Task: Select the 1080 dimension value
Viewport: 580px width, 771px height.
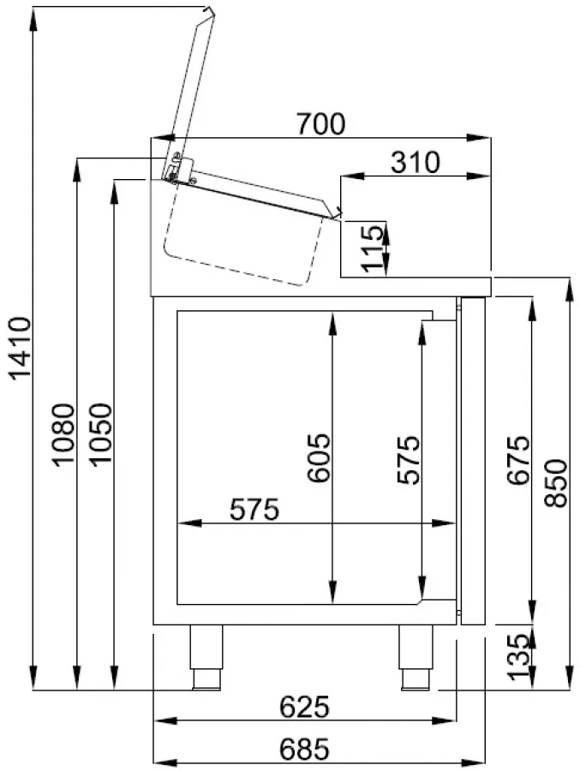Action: (x=65, y=435)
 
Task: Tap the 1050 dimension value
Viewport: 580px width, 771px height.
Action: (x=101, y=435)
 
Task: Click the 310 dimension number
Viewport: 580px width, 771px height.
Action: (x=414, y=162)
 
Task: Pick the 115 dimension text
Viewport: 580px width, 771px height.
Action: (x=372, y=248)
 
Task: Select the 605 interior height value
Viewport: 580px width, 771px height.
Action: (x=319, y=458)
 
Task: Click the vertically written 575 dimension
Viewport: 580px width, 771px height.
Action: (x=409, y=460)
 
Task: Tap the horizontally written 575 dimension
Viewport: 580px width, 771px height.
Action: (x=254, y=510)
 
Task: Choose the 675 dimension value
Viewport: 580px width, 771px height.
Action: (x=517, y=461)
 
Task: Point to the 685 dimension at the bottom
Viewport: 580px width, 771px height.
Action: (x=304, y=750)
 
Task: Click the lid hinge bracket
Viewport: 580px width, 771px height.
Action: (x=178, y=168)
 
